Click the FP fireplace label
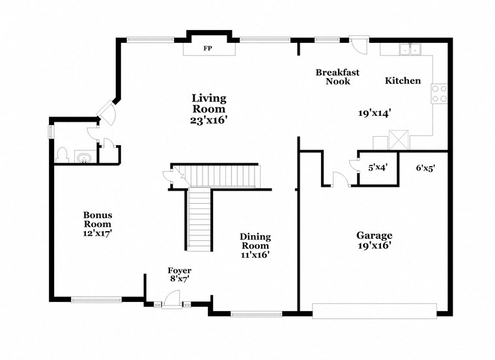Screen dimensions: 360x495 coord(208,49)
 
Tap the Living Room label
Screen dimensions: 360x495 coord(208,104)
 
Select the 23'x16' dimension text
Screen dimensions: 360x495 coord(208,120)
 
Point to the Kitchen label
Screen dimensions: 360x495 coord(403,81)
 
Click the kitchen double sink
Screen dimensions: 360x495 coord(411,48)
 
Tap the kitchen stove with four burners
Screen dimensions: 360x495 coord(440,94)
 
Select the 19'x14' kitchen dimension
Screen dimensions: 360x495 coord(374,113)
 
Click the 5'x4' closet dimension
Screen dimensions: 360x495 coord(378,167)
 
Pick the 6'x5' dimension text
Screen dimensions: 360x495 coord(425,167)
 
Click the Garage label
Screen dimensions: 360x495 coord(374,235)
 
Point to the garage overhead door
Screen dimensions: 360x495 coord(374,311)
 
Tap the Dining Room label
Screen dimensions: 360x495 coord(255,242)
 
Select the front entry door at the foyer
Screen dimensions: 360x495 coord(171,299)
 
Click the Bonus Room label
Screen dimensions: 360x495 coord(98,219)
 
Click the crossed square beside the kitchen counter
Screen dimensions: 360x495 coord(397,139)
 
